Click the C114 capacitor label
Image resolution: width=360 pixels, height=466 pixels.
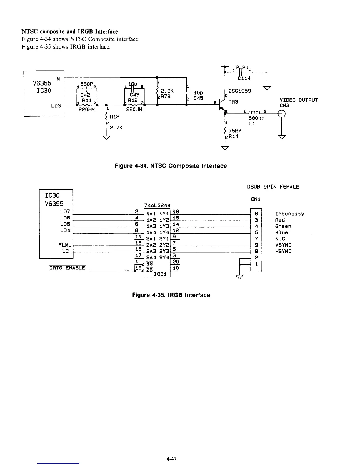(244, 79)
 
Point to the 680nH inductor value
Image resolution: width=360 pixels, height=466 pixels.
(257, 118)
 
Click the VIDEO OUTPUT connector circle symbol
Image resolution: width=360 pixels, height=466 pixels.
(281, 114)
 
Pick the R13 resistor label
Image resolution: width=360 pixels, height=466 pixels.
(114, 117)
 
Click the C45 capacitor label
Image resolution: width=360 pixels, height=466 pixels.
(198, 98)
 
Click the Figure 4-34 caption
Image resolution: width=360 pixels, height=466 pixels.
(171, 166)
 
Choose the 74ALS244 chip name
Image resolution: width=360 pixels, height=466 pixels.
(157, 205)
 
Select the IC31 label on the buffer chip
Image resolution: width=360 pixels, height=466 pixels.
(160, 274)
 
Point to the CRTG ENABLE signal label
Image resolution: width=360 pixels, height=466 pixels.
(67, 268)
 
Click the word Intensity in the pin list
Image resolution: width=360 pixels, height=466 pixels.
(289, 214)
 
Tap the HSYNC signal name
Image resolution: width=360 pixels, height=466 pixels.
(283, 251)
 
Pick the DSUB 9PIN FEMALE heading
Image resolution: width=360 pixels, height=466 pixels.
(273, 187)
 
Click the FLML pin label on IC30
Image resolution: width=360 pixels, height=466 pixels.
(64, 245)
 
